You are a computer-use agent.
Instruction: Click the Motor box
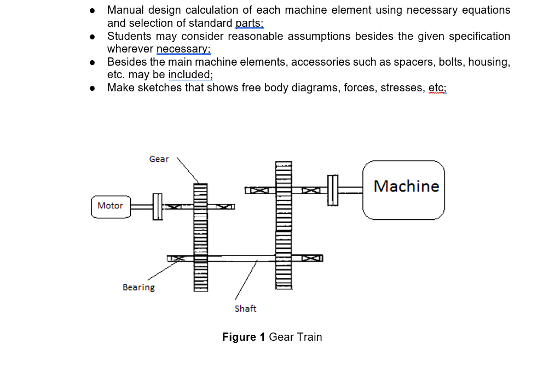[x=111, y=206]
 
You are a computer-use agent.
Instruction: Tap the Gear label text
[x=159, y=159]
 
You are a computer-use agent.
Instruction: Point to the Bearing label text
[x=138, y=288]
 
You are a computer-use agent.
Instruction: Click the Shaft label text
[x=245, y=308]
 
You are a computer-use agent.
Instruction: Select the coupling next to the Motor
[x=158, y=206]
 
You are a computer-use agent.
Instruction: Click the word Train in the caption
[x=309, y=337]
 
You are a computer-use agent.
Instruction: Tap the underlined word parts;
[x=249, y=23]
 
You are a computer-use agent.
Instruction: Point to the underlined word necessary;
[x=183, y=49]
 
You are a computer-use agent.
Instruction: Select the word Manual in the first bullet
[x=125, y=10]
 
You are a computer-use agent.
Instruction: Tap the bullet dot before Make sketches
[x=94, y=88]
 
